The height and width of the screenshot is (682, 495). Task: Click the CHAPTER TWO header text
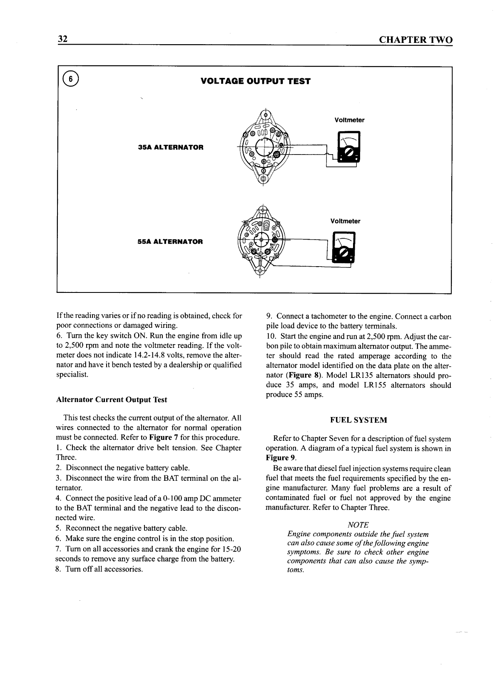pyautogui.click(x=415, y=40)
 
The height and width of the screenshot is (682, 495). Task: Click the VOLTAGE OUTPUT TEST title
pyautogui.click(x=255, y=81)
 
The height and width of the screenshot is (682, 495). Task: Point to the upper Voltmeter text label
pyautogui.click(x=349, y=120)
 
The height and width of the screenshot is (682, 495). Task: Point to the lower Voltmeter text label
pyautogui.click(x=345, y=221)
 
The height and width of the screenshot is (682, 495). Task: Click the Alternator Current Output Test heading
pyautogui.click(x=111, y=400)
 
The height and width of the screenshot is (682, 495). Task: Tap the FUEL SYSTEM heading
pyautogui.click(x=358, y=420)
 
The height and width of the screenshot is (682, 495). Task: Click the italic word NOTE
pyautogui.click(x=358, y=525)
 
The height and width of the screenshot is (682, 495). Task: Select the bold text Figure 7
pyautogui.click(x=164, y=437)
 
